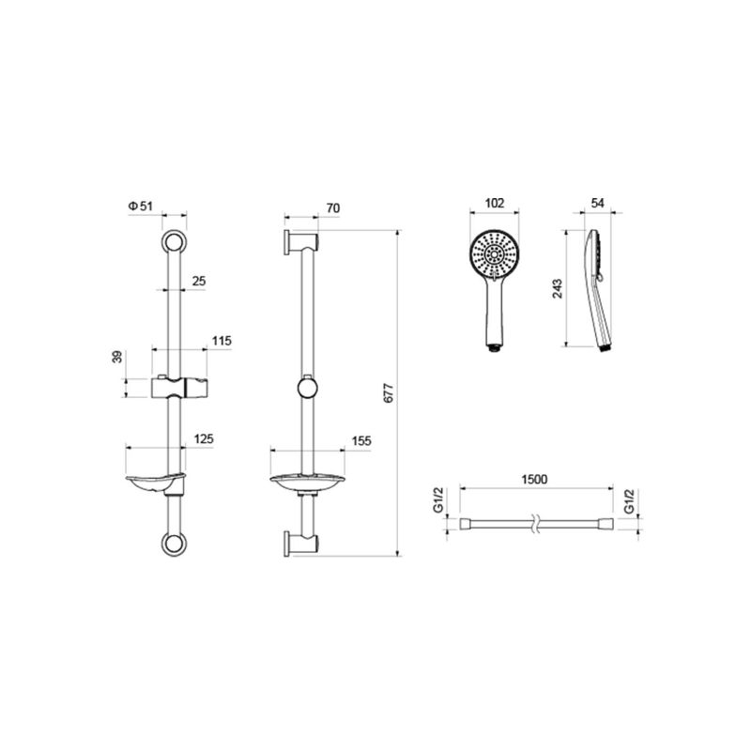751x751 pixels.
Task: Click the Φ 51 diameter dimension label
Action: tap(140, 206)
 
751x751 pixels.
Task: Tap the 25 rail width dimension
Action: tap(198, 281)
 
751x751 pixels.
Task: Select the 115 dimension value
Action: tap(222, 341)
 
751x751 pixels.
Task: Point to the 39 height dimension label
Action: tap(117, 357)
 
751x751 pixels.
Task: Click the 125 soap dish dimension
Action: tap(204, 438)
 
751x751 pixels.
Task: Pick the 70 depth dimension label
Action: tap(333, 207)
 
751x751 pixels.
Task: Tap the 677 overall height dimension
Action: tap(389, 392)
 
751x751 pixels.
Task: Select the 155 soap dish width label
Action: tap(361, 440)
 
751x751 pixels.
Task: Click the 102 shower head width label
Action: tap(495, 203)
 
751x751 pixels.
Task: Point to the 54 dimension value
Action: tap(597, 203)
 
